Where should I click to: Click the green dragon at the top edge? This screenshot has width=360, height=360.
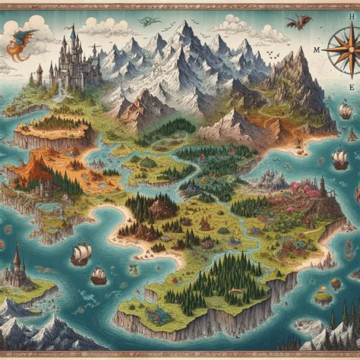click(149, 21)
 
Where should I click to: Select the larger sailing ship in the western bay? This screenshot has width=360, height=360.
click(81, 253)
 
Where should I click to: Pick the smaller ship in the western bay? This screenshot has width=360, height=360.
click(98, 275)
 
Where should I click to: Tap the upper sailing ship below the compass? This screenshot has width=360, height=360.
click(346, 111)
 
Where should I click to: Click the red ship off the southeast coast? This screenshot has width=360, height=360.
click(339, 159)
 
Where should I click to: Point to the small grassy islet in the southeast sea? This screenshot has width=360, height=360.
click(324, 297)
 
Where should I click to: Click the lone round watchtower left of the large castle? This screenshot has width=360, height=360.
click(39, 73)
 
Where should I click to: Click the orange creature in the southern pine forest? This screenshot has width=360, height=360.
click(206, 225)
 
